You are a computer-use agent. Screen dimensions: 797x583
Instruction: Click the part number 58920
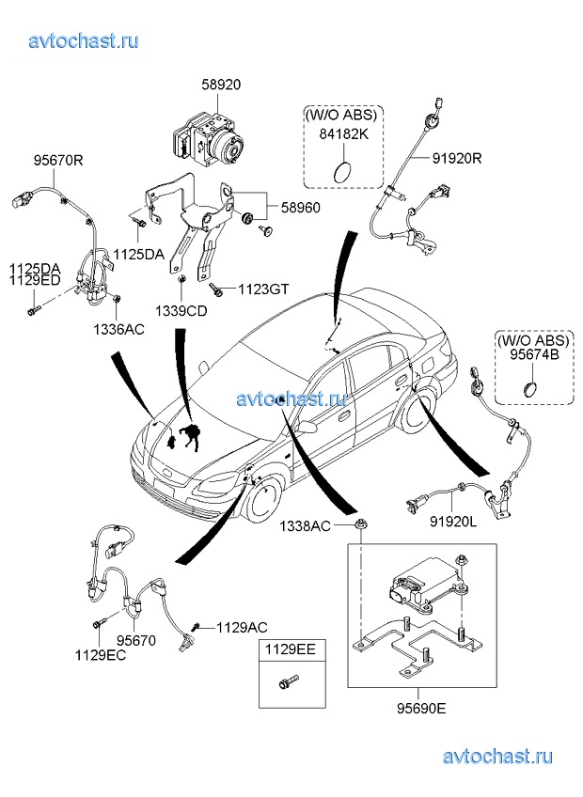221,85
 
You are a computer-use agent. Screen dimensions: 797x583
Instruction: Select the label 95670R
59,160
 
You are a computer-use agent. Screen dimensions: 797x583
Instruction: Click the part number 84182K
342,133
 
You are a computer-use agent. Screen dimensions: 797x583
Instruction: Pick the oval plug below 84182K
342,171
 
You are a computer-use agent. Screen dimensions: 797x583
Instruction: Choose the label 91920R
456,158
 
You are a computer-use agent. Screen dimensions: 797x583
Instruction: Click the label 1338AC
304,526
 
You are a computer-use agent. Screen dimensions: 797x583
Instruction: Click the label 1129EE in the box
289,649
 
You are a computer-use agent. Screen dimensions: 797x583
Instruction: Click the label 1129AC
242,627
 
